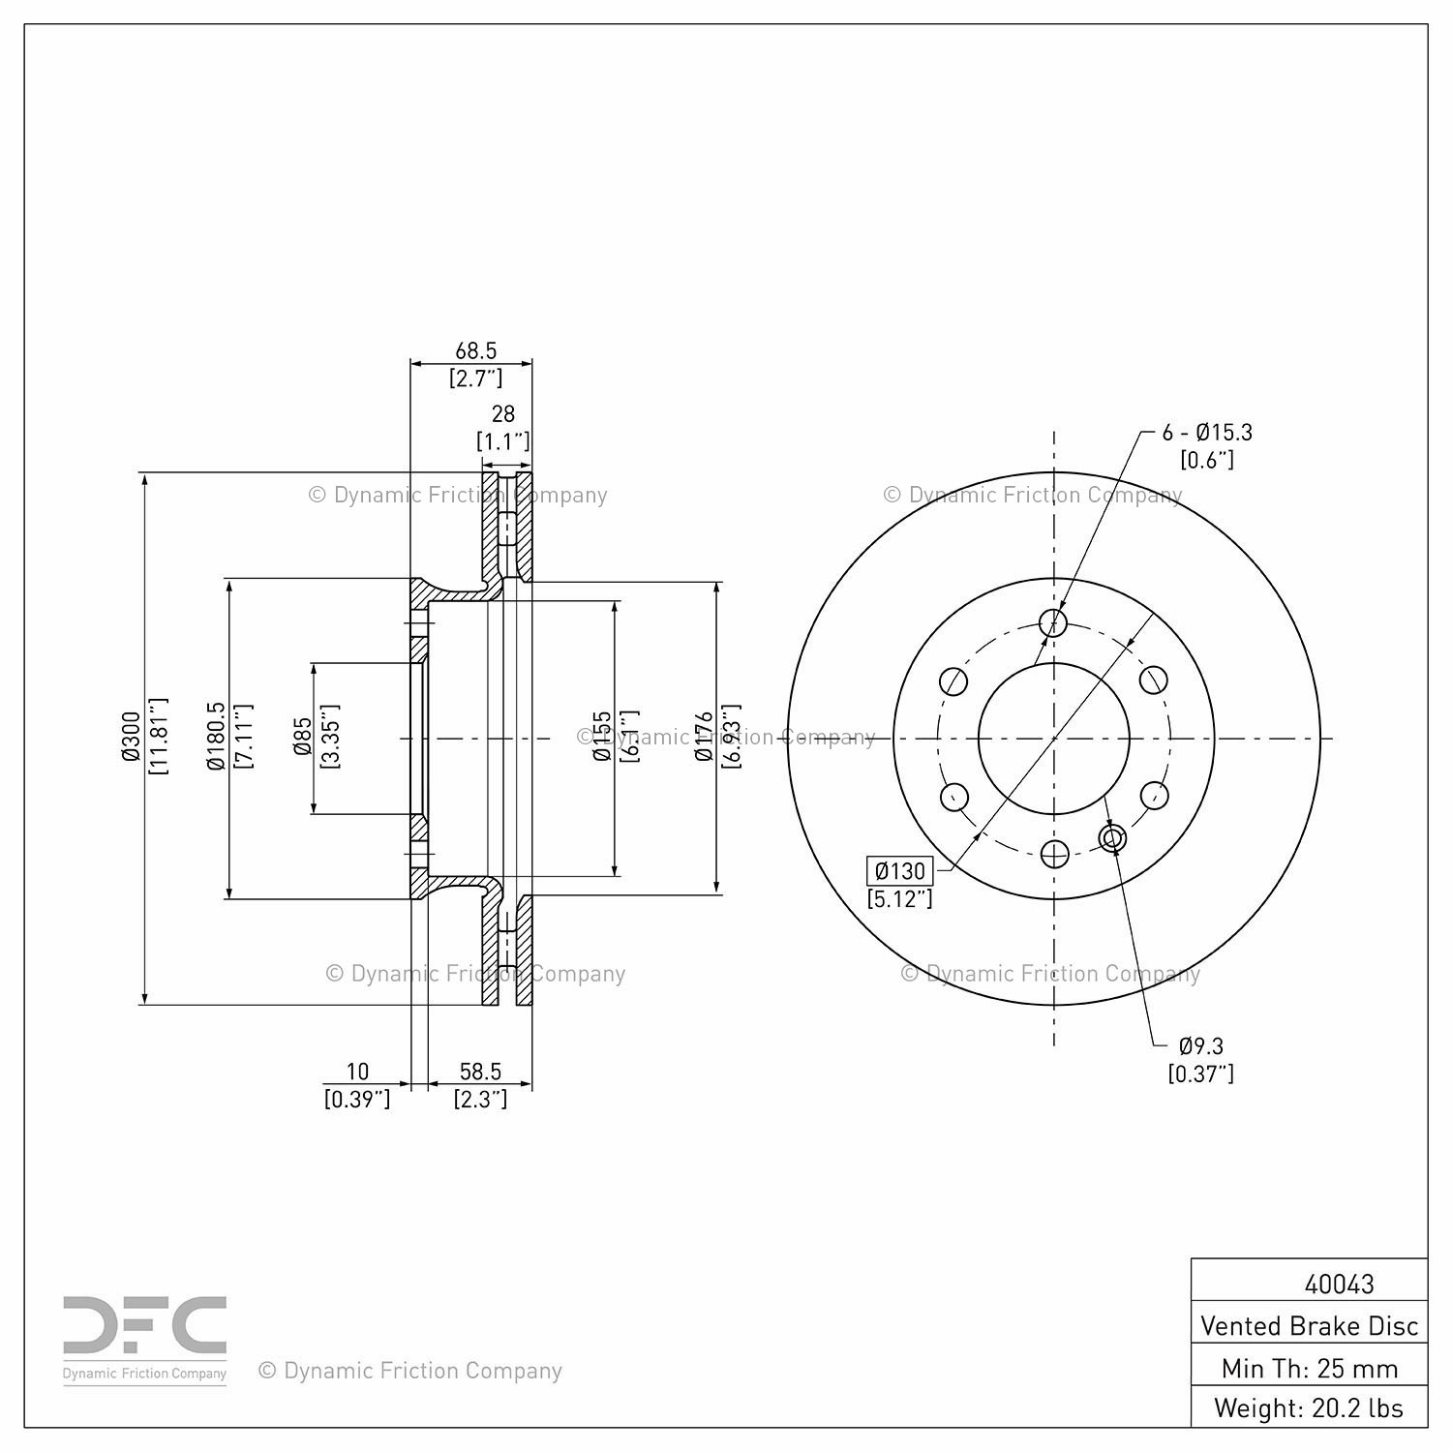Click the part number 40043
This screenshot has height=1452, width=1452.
1339,1284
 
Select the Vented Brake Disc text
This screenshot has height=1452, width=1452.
1309,1325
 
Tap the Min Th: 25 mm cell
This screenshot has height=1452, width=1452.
1309,1368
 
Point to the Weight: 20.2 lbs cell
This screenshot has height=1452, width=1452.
1309,1407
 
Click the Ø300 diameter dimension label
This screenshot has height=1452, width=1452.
132,737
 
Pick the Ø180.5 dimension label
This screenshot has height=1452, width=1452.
216,737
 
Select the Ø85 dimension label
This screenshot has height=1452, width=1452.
302,737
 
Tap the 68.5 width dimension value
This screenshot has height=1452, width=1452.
475,350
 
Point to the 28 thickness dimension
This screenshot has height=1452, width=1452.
503,414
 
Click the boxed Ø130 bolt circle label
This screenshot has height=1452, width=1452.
900,870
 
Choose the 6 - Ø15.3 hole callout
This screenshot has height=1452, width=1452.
1207,433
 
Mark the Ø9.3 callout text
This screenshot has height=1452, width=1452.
1201,1045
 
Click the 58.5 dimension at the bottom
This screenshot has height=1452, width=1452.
480,1072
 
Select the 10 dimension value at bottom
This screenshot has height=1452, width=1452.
358,1072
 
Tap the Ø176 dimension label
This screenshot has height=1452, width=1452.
704,737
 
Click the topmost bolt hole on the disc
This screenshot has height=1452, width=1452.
1053,622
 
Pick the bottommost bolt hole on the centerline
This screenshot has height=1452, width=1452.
1053,854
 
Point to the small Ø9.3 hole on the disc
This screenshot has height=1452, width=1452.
1113,838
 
